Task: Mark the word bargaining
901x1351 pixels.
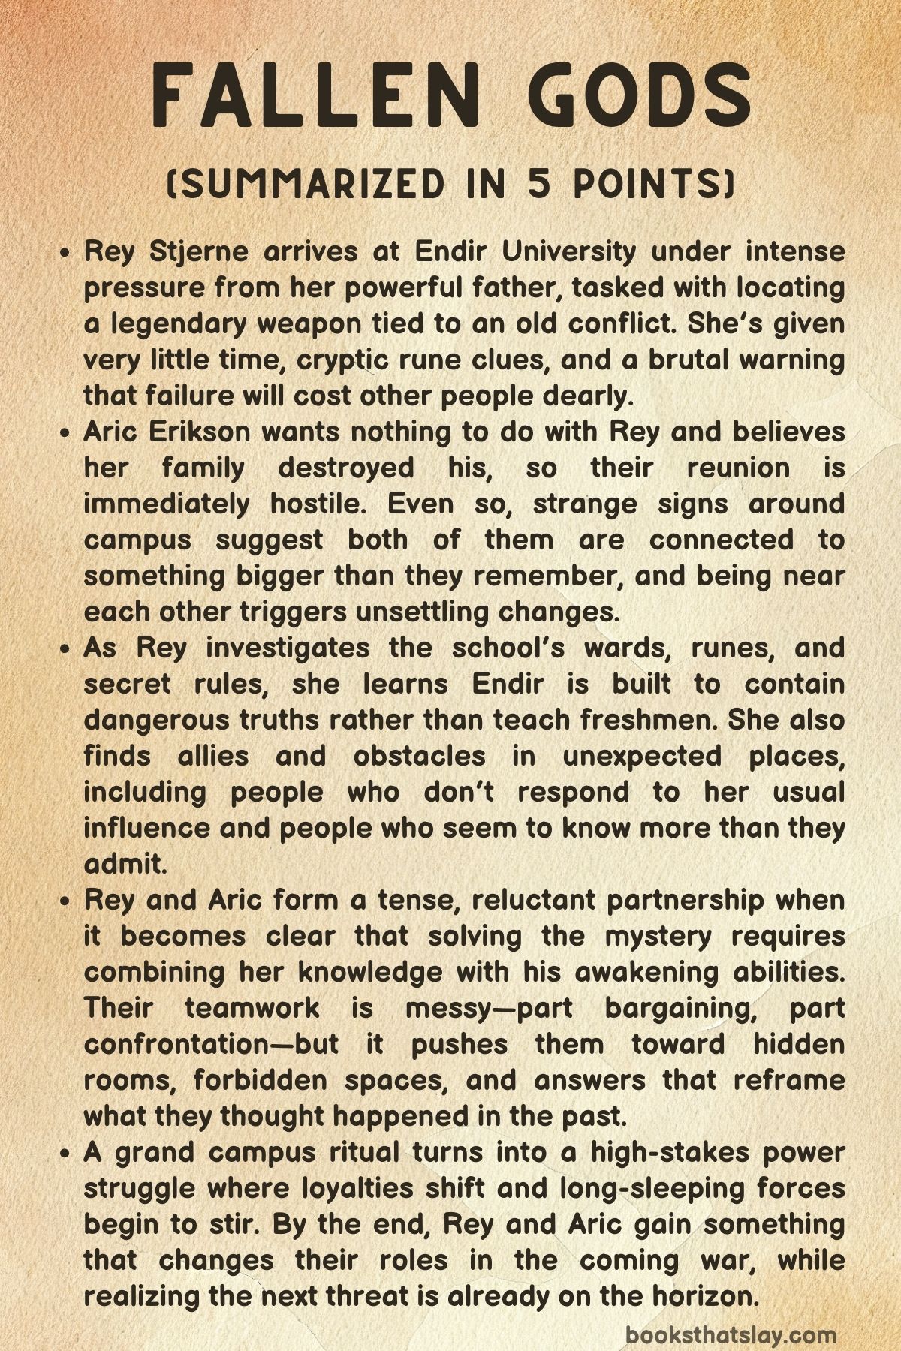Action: pos(679,1007)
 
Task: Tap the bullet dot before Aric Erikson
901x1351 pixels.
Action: pos(66,434)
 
